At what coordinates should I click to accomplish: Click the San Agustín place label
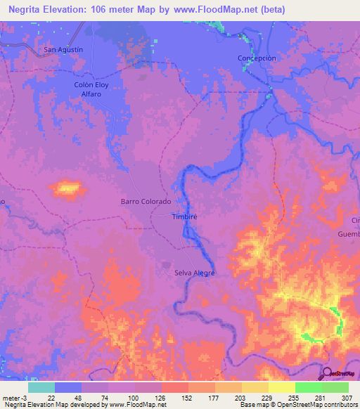tap(63, 50)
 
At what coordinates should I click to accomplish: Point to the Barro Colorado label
tap(146, 202)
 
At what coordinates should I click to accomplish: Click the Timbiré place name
tap(185, 217)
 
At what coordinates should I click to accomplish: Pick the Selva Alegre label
tap(194, 273)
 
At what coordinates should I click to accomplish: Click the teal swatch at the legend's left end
tap(41, 387)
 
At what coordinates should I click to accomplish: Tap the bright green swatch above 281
tap(308, 387)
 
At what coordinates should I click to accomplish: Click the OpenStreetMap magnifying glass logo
tap(328, 374)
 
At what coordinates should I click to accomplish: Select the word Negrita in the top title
tap(28, 8)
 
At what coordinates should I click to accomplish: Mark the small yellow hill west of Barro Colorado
tap(67, 188)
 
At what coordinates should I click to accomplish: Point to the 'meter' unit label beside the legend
tap(11, 397)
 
